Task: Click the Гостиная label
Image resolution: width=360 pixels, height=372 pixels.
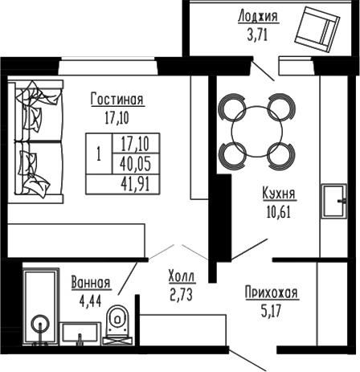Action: tap(117, 100)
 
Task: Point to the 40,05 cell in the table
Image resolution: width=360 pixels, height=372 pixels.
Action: tap(137, 164)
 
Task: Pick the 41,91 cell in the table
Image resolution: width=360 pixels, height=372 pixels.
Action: tap(137, 183)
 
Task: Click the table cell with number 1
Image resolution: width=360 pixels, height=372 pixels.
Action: tap(98, 154)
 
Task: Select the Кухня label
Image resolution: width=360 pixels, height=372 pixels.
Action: tap(279, 194)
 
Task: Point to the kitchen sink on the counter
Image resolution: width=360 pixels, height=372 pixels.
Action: tap(331, 201)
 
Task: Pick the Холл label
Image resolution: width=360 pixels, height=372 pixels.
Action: tap(181, 276)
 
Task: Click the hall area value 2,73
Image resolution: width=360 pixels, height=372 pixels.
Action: tap(181, 293)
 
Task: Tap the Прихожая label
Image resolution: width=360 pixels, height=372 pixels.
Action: tap(272, 293)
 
